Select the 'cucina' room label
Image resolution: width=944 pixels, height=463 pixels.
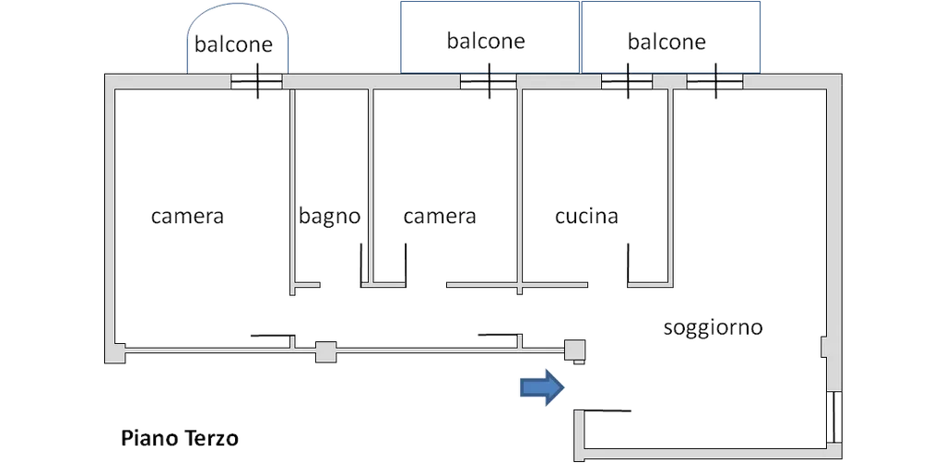tap(586, 218)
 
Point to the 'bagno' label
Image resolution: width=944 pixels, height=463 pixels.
tap(330, 218)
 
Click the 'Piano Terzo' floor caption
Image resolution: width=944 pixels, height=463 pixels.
tap(180, 437)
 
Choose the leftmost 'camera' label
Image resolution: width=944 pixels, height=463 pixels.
tap(188, 218)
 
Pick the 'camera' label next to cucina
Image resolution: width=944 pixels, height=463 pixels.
tap(440, 218)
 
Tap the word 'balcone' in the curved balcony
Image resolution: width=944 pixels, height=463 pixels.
tap(234, 43)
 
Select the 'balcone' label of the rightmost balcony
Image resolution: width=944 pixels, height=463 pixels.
tap(667, 42)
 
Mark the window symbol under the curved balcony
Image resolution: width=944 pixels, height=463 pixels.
tap(256, 83)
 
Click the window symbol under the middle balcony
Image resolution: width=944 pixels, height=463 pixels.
tap(489, 83)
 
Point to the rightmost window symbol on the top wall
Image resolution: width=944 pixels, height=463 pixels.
tap(715, 83)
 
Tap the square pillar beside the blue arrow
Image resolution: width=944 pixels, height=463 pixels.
tap(574, 350)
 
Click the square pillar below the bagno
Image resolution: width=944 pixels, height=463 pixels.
tap(325, 350)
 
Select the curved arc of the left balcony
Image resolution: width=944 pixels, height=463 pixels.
tap(240, 7)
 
